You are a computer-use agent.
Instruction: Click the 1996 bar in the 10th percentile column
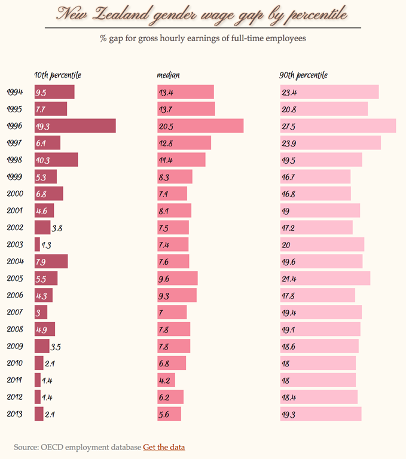[x=75, y=126]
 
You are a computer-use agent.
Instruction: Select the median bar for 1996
[x=200, y=126]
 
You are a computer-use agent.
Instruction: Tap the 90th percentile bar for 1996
[x=338, y=126]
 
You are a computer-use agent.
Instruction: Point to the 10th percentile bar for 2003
[x=37, y=244]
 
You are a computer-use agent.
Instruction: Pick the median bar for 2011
[x=166, y=380]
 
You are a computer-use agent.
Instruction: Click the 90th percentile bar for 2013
[x=320, y=414]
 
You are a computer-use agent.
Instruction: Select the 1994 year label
[x=15, y=92]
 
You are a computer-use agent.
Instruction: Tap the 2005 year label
[x=15, y=279]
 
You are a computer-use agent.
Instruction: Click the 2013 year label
[x=15, y=414]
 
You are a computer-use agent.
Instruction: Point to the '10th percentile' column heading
[x=58, y=75]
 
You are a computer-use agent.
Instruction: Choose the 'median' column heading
[x=169, y=75]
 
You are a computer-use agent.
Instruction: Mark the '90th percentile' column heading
[x=303, y=75]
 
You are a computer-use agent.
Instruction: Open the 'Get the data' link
[x=164, y=447]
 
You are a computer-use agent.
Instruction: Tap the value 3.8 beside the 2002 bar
[x=58, y=228]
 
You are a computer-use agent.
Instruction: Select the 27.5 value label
[x=289, y=126]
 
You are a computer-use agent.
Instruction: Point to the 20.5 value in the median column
[x=166, y=126]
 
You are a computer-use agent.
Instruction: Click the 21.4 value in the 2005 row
[x=289, y=279]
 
